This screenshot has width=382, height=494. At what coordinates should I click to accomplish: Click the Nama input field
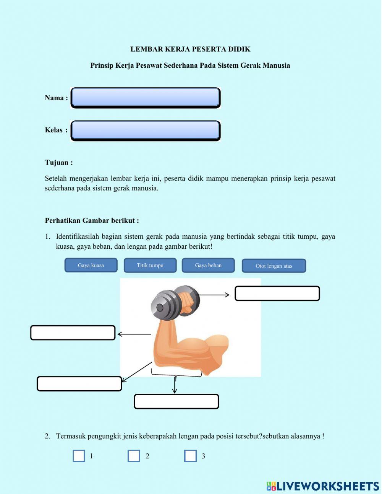(145, 98)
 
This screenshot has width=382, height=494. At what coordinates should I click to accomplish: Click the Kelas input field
(145, 130)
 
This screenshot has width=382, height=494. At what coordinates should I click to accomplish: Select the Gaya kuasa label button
(91, 265)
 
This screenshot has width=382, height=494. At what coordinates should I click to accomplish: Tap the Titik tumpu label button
(150, 265)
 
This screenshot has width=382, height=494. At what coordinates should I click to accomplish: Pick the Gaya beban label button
(208, 265)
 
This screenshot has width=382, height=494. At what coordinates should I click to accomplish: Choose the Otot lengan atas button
(274, 266)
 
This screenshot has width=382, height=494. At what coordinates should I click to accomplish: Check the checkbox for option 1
(79, 456)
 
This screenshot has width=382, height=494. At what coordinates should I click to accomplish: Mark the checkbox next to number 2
(134, 456)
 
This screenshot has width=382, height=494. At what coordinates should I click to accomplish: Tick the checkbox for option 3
(190, 456)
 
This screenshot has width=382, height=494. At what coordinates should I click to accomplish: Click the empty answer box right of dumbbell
(277, 293)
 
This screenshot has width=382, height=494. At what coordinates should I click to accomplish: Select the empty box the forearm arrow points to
(73, 333)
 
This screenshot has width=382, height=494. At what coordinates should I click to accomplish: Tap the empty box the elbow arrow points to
(79, 384)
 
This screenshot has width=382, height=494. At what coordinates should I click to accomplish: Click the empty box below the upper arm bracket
(176, 402)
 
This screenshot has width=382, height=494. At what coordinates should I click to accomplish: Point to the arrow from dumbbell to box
(214, 295)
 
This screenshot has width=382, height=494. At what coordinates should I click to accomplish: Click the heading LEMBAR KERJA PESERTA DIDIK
(190, 49)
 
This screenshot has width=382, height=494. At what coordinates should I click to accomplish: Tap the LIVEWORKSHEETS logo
(323, 486)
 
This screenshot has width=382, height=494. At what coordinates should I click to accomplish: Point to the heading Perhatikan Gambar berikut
(92, 220)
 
